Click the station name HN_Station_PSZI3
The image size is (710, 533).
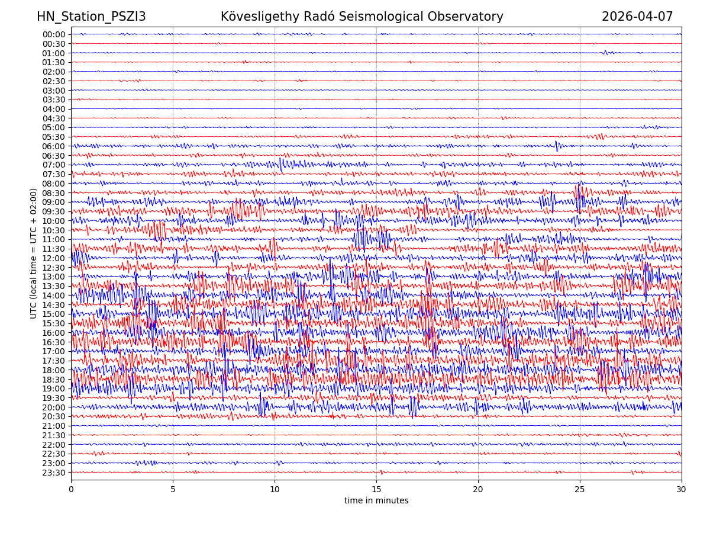point(91,17)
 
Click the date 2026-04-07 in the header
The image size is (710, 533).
point(637,17)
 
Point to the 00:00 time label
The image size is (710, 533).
point(54,34)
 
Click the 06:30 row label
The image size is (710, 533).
point(54,156)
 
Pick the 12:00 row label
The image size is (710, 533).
point(54,258)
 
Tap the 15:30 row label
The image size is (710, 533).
point(54,323)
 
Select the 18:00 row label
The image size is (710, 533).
point(54,370)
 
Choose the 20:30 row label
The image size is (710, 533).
point(54,417)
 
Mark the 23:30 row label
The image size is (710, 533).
point(54,473)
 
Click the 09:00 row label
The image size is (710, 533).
point(54,202)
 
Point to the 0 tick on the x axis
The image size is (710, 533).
point(71,490)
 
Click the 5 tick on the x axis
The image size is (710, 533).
point(173,490)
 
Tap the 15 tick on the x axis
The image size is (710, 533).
point(376,490)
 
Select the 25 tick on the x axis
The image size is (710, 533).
point(580,490)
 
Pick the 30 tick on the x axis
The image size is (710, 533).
point(682,490)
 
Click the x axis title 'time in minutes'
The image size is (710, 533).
point(376,501)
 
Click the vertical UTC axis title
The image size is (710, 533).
point(34,253)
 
